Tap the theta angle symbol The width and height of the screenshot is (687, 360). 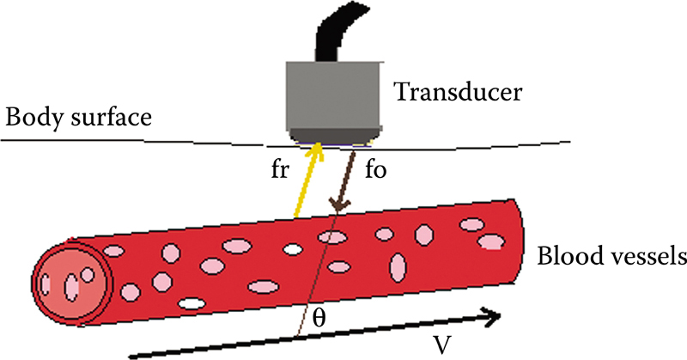click(319, 318)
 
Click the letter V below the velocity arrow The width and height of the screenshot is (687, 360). click(441, 345)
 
